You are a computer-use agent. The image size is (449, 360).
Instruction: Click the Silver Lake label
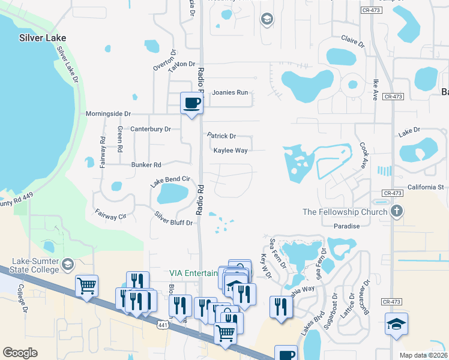42,37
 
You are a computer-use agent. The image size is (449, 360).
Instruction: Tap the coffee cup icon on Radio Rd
191,103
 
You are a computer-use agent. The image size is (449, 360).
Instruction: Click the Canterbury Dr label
151,129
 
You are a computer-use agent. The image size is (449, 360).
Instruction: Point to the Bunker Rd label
146,164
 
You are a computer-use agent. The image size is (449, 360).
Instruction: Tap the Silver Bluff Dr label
173,218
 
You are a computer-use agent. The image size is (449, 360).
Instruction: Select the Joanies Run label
230,92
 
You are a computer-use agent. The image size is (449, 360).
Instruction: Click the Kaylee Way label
231,151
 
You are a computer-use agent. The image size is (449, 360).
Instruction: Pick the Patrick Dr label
222,136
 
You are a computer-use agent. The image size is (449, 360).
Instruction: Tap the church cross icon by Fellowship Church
397,211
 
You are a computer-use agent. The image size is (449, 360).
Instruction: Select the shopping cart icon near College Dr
87,286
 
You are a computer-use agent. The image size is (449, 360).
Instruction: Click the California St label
425,187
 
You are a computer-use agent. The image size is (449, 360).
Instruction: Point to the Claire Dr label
353,41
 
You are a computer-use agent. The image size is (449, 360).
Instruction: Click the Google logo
20,352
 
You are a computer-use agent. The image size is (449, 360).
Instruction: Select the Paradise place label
347,226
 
